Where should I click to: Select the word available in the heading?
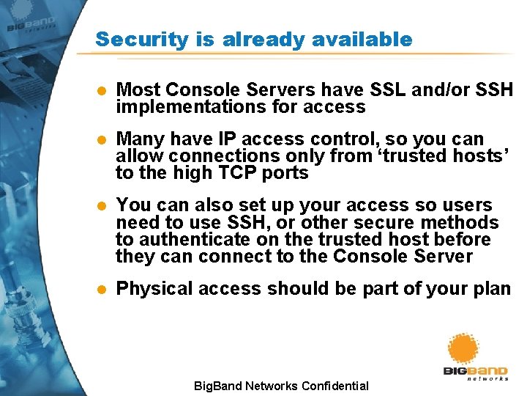tap(370, 40)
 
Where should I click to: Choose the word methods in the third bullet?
tap(462, 222)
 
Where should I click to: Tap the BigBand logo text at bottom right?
tap(475, 372)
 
